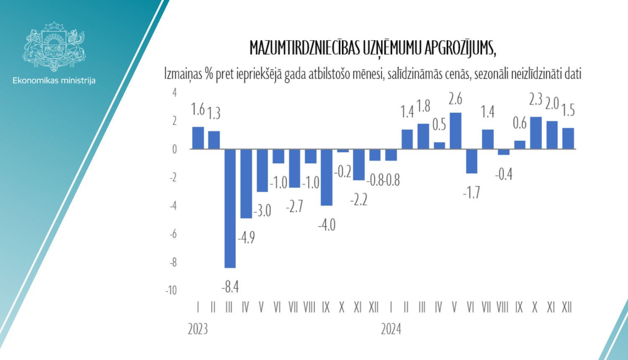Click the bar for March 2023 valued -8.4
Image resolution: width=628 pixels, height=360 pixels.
tap(230, 208)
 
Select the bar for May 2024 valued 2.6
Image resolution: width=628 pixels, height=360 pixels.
tap(455, 131)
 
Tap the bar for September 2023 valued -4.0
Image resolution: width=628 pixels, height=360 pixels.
tap(327, 177)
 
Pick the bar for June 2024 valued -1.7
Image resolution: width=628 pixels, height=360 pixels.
tap(471, 161)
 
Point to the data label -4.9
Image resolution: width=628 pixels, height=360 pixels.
tap(246, 238)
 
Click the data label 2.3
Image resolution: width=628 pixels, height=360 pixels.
tap(535, 100)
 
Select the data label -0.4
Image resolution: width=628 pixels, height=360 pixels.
tap(504, 174)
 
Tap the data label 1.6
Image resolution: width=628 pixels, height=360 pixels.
tap(198, 110)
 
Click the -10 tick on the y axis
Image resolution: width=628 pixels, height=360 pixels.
tap(171, 291)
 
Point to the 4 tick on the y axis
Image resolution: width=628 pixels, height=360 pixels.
tap(175, 93)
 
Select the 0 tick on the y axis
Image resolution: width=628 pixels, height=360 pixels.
tap(175, 149)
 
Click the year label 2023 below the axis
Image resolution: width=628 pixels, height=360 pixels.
tap(198, 329)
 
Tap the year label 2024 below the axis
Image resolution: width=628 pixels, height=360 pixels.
tap(391, 329)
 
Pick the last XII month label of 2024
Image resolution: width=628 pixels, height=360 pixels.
tap(567, 308)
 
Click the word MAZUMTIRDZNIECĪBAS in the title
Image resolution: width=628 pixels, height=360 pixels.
tap(304, 49)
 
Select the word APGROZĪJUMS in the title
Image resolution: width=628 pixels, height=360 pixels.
tap(460, 49)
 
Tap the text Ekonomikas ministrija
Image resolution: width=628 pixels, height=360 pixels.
tap(54, 80)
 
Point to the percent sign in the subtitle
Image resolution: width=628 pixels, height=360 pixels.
tap(209, 74)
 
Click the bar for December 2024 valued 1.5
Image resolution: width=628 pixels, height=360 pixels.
tap(568, 139)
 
